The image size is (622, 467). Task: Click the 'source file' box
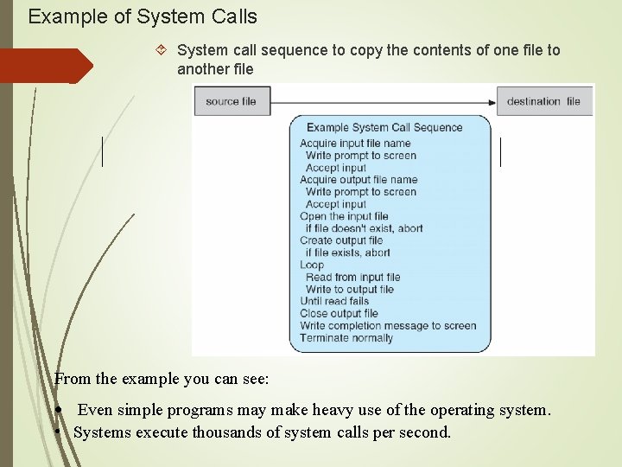(231, 101)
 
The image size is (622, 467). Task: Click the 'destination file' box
(543, 101)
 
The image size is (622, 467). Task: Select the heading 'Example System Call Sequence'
(384, 127)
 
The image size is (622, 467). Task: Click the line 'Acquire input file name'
(355, 144)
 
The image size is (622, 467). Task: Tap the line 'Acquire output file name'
(359, 180)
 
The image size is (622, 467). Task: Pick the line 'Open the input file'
(344, 216)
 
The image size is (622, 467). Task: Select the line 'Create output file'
(341, 240)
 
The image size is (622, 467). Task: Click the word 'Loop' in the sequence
(312, 265)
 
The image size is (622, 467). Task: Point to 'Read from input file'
(353, 277)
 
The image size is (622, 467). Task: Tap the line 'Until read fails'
(334, 301)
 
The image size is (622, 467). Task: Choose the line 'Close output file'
(339, 313)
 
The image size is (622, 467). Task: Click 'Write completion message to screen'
(388, 325)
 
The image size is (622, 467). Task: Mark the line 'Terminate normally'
(346, 337)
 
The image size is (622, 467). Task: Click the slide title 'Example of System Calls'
(143, 16)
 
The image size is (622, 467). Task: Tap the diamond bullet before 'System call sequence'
(164, 51)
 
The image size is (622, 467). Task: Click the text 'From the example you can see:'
(162, 379)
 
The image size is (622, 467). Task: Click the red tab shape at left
(43, 66)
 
